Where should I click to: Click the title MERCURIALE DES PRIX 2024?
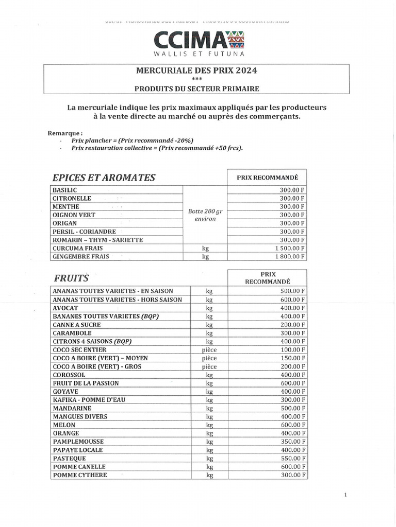point(196,71)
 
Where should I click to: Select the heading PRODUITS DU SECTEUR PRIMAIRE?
point(196,89)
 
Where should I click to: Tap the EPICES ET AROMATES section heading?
point(104,178)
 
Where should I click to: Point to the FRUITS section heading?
point(71,278)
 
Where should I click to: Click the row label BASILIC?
point(65,190)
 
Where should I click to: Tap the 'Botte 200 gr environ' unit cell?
point(205,215)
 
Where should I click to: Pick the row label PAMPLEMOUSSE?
point(78,442)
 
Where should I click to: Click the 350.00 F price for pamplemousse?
point(290,442)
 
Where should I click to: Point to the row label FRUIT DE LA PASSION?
point(86,383)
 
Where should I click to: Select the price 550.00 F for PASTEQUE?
point(290,458)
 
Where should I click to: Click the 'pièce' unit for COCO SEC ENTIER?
point(209,350)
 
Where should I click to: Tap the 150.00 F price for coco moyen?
point(290,358)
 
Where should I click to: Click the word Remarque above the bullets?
point(65,133)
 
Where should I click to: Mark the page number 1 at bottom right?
point(345,495)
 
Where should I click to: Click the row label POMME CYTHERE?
point(80,475)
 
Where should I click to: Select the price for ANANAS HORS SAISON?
point(290,300)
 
